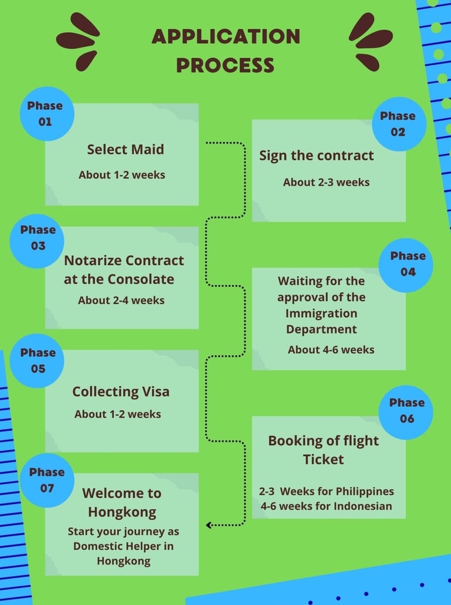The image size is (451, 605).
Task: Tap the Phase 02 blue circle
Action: (x=399, y=124)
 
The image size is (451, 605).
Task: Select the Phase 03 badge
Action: (x=38, y=238)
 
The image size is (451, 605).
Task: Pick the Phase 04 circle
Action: (x=406, y=263)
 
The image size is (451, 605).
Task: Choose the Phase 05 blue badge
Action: (x=38, y=360)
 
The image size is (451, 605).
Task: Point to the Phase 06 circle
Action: (x=406, y=410)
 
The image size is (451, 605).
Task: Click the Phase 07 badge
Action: (x=47, y=480)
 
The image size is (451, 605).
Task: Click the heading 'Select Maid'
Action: (x=125, y=150)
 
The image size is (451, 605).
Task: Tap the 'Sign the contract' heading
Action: (x=317, y=156)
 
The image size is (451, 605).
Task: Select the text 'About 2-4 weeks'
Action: (x=121, y=300)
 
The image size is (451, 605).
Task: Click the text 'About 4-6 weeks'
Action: (x=331, y=349)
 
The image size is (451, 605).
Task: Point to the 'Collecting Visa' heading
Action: (x=120, y=391)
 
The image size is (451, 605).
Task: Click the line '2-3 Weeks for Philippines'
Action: (x=327, y=491)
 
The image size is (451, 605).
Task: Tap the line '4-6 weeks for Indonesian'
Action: (x=325, y=505)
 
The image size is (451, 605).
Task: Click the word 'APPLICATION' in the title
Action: (x=226, y=37)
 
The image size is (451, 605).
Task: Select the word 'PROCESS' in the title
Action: (x=225, y=65)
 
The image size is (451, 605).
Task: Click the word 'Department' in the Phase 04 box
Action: (x=321, y=329)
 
